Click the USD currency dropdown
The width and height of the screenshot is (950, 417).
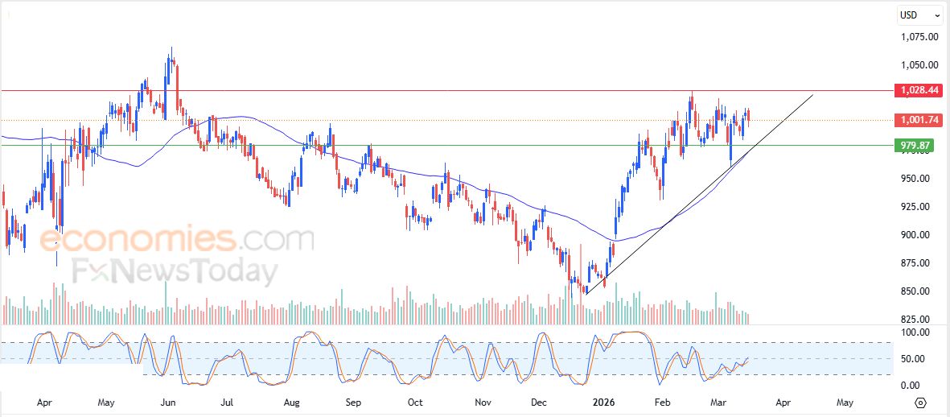point(920,14)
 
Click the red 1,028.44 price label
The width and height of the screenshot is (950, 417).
point(919,91)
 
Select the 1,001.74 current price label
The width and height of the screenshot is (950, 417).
point(919,120)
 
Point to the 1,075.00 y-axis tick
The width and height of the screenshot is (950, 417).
point(919,37)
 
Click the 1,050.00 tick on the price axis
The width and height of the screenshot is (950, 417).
point(919,65)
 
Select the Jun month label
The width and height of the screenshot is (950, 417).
point(167,400)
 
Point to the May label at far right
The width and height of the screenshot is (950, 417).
point(845,400)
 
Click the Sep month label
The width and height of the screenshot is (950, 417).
point(353,400)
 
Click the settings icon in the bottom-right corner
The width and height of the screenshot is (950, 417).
point(922,401)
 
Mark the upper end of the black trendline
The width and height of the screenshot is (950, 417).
point(813,95)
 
